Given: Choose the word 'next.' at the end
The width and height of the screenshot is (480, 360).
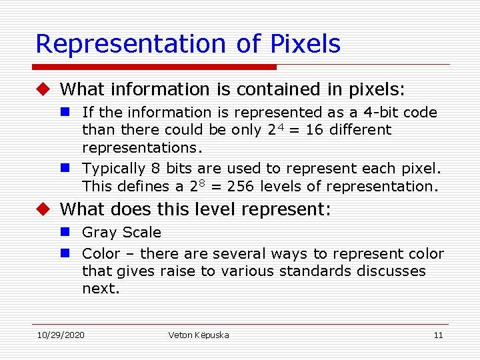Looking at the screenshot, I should tap(101, 288).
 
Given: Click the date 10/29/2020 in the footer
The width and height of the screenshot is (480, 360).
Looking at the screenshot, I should tap(61, 335).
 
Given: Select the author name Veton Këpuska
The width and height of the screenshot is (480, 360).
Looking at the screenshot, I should tap(199, 335).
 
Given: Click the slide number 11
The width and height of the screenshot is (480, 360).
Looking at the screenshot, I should tap(438, 335).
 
